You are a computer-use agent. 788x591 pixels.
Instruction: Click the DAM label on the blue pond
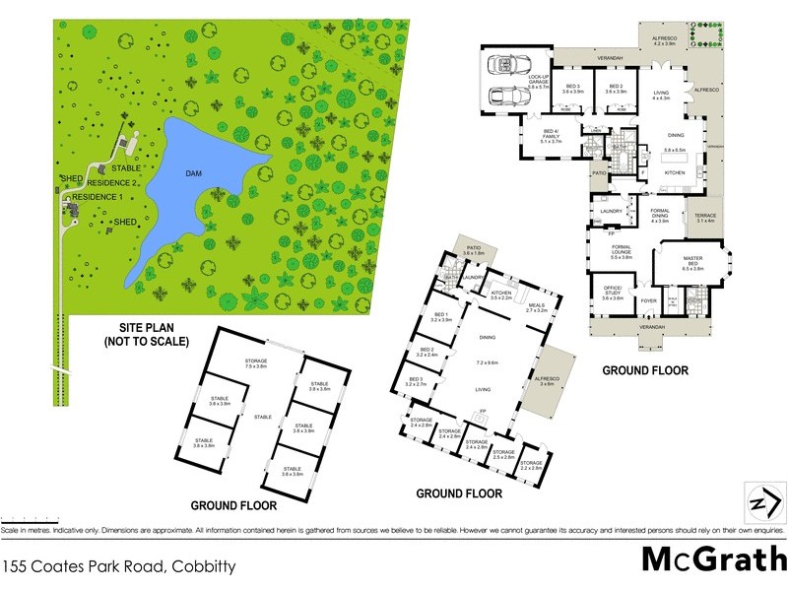(194, 174)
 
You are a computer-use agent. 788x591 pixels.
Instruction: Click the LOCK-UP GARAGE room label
(537, 82)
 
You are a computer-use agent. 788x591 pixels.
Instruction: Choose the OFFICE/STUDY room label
(613, 294)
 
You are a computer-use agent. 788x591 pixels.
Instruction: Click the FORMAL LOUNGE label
(621, 252)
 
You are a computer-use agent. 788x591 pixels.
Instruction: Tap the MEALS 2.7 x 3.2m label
(536, 307)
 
